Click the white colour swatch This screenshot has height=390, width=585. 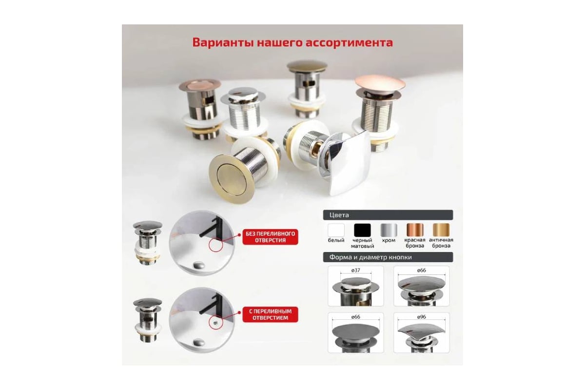[336, 230]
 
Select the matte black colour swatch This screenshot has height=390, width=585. [362, 230]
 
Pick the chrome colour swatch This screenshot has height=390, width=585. [389, 230]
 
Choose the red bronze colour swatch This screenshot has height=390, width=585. [415, 230]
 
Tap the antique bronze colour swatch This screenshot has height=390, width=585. [441, 230]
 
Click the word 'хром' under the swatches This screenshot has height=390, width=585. [389, 240]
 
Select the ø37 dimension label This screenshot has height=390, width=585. [356, 271]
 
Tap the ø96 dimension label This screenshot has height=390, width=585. [422, 317]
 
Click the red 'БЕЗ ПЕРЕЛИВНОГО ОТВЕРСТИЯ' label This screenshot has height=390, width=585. [270, 237]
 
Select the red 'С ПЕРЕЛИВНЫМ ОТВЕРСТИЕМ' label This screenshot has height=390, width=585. [270, 314]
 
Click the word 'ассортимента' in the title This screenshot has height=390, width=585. [349, 42]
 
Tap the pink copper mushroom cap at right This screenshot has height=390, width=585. [380, 83]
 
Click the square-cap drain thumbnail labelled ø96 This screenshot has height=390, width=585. [422, 333]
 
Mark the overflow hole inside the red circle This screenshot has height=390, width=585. [215, 323]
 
